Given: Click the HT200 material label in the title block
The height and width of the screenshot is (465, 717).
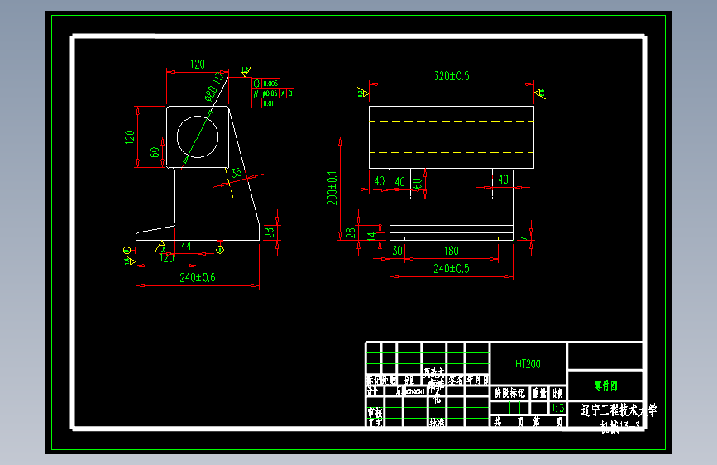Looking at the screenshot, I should pyautogui.click(x=528, y=364).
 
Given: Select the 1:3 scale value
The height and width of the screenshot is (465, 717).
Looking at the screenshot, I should pyautogui.click(x=557, y=409).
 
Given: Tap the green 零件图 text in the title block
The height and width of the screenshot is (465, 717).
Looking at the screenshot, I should pyautogui.click(x=605, y=385).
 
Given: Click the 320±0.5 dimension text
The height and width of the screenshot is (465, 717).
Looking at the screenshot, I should pyautogui.click(x=452, y=76).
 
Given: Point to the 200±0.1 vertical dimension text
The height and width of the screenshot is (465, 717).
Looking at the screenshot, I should pyautogui.click(x=332, y=189).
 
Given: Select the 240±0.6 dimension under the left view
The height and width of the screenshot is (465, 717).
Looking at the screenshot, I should pyautogui.click(x=198, y=278).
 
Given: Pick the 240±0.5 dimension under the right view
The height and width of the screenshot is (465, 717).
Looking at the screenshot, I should pyautogui.click(x=452, y=268).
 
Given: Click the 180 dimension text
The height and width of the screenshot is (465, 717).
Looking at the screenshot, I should pyautogui.click(x=452, y=251).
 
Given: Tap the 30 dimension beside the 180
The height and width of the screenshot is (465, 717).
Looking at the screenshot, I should pyautogui.click(x=397, y=251).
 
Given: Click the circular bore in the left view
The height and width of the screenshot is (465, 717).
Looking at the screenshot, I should pyautogui.click(x=198, y=137).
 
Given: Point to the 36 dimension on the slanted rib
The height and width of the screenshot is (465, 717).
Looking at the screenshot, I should pyautogui.click(x=237, y=173).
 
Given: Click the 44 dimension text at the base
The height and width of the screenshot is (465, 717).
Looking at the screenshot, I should pyautogui.click(x=186, y=246).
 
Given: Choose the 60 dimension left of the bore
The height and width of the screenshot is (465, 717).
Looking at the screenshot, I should pyautogui.click(x=154, y=152).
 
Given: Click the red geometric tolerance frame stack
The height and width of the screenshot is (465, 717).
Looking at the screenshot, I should pyautogui.click(x=271, y=93).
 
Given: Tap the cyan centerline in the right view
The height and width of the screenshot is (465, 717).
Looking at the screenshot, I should pyautogui.click(x=452, y=137).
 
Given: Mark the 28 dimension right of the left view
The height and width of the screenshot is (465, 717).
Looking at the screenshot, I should pyautogui.click(x=268, y=232).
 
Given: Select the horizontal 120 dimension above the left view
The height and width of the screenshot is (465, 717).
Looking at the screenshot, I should pyautogui.click(x=198, y=64).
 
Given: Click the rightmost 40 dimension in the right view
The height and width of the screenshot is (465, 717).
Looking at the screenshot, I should pyautogui.click(x=501, y=180).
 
